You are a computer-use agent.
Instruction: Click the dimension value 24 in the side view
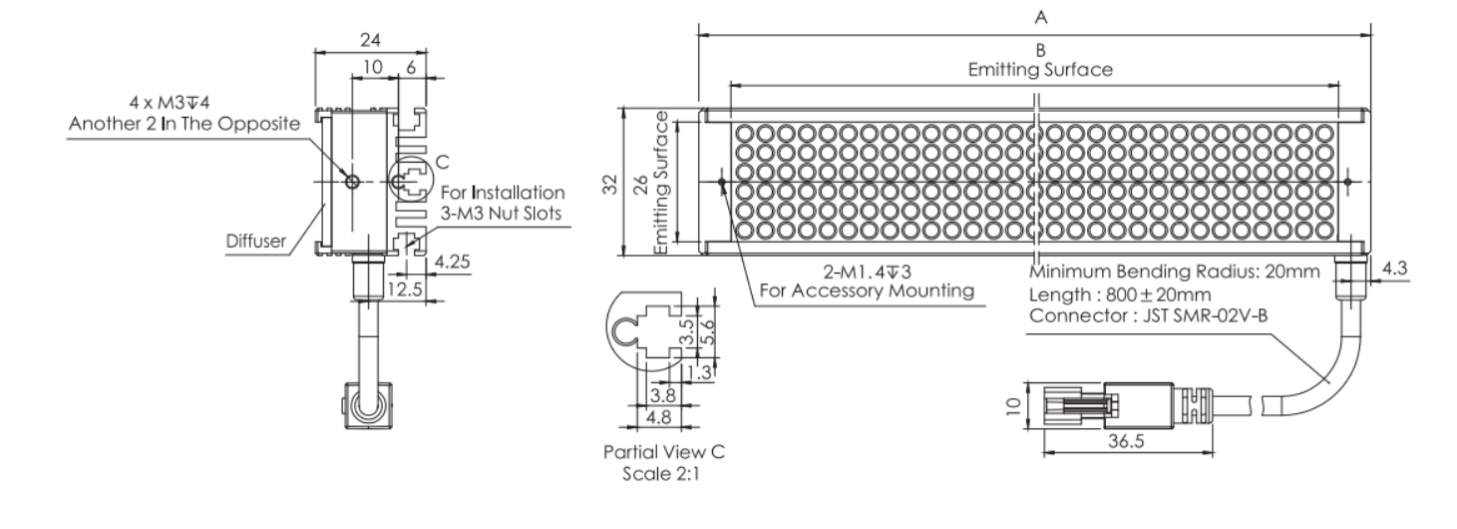pyautogui.click(x=370, y=40)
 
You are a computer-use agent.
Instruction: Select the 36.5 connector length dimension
pyautogui.click(x=1126, y=441)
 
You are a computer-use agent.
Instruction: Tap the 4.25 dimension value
pyautogui.click(x=452, y=262)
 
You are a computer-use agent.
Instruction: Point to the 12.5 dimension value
pyautogui.click(x=405, y=289)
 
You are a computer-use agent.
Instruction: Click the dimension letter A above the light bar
pyautogui.click(x=1041, y=18)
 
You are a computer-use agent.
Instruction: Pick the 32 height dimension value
pyautogui.click(x=610, y=184)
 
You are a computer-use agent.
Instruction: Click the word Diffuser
pyautogui.click(x=255, y=242)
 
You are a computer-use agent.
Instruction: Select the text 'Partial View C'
pyautogui.click(x=664, y=451)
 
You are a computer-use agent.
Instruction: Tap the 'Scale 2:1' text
pyautogui.click(x=661, y=474)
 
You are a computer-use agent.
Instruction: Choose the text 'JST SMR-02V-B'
pyautogui.click(x=1205, y=316)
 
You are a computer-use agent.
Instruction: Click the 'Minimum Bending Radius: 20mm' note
pyautogui.click(x=1175, y=271)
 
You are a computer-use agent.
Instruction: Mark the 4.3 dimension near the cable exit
pyautogui.click(x=1394, y=268)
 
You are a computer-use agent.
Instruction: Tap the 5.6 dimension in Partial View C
pyautogui.click(x=708, y=331)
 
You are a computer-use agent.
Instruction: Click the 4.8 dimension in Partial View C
pyautogui.click(x=659, y=417)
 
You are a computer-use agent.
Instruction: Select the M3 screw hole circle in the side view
pyautogui.click(x=353, y=182)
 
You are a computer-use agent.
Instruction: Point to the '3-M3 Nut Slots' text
pyautogui.click(x=501, y=214)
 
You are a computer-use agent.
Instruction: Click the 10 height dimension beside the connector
pyautogui.click(x=1013, y=406)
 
